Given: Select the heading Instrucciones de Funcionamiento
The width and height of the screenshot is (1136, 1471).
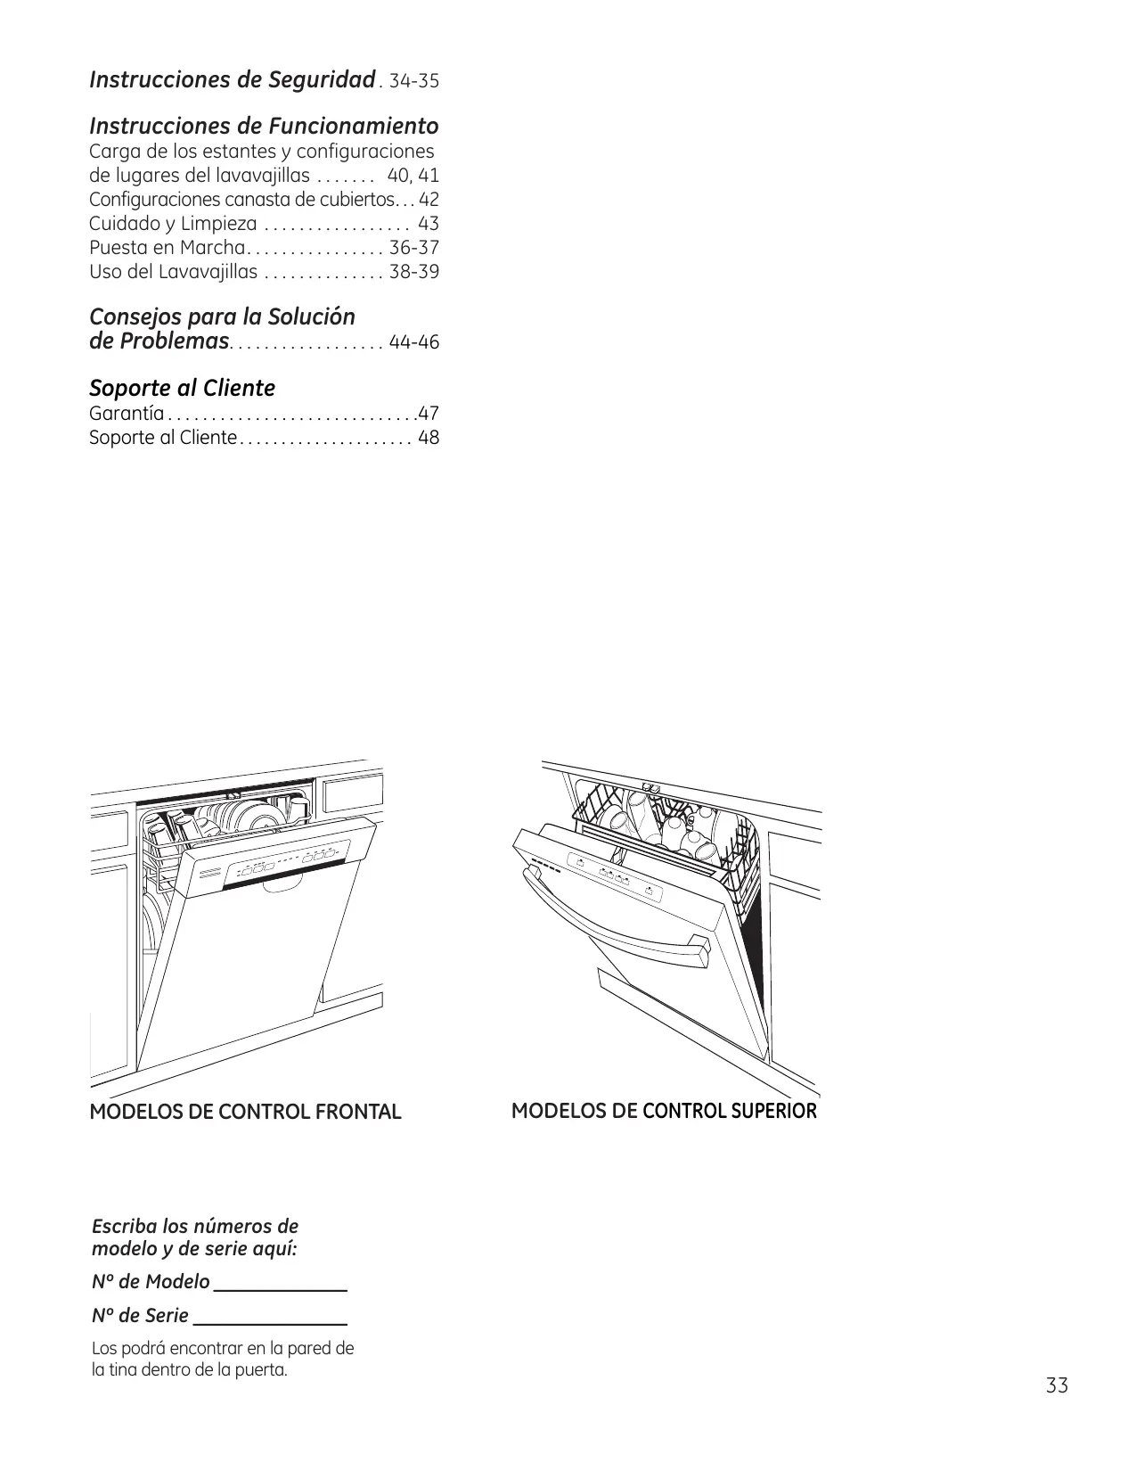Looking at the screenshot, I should coord(264,126).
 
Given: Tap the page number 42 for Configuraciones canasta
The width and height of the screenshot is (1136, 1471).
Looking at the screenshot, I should coord(429,200).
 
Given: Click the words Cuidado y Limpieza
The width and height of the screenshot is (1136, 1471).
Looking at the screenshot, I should coord(173,224).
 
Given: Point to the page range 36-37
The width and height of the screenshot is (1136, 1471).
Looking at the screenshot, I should coord(414,248).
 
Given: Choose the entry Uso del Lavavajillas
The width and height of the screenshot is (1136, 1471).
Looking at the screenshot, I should coord(173,272).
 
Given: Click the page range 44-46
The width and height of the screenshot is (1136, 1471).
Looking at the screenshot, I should coord(414,342).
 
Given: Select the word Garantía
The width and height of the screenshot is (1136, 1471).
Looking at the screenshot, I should coord(127,414).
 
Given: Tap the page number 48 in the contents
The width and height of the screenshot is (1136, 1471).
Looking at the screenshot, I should coord(429,438).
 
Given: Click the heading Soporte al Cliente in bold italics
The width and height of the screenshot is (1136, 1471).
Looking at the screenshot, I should coord(182,388).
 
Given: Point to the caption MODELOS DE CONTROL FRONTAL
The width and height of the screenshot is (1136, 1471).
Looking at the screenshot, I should coord(245,1112).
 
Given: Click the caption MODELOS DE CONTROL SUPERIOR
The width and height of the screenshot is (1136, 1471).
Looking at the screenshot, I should coord(664,1111).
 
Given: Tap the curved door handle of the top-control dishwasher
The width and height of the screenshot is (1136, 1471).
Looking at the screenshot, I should coord(615,918).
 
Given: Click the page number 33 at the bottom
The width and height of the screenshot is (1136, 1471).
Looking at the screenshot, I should coord(1057,1386).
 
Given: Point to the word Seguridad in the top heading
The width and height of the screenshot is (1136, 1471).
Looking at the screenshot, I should coord(323,80).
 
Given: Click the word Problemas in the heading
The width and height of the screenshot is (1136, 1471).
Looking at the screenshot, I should coord(184,341).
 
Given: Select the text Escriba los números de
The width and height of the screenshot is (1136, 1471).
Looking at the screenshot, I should coord(195,1226).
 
